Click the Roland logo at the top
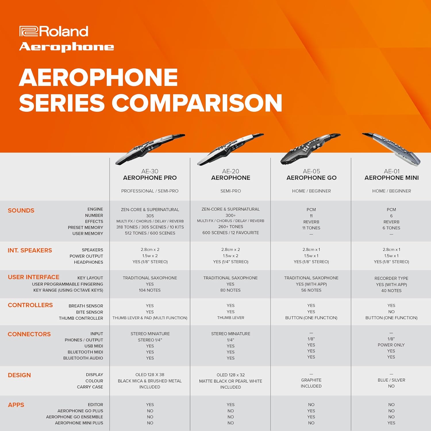pos(54,31)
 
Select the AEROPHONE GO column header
pos(311,178)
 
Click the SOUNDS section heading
pos(21,211)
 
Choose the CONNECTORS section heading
pos(29,334)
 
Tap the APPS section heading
pos(16,405)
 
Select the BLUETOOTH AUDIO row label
pos(83,358)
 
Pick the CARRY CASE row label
pos(90,387)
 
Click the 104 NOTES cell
pos(150,290)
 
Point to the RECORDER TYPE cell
pos(391,278)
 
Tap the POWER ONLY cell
pos(391,345)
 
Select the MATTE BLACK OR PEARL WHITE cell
pos(230,381)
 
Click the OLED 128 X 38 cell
pos(150,375)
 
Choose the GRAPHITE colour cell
pos(311,380)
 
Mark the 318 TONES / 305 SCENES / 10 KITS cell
pos(150,227)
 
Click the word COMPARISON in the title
pos(197,103)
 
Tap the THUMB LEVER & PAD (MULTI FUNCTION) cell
pos(150,318)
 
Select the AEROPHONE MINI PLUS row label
pos(79,423)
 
